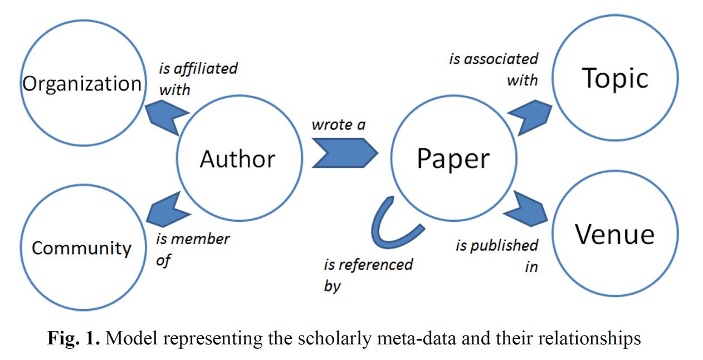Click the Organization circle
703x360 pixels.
82,84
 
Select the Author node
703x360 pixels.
238,159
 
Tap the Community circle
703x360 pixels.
81,247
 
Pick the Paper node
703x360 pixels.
453,159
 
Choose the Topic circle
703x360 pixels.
615,79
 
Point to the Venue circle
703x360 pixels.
614,234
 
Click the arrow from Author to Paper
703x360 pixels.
344,152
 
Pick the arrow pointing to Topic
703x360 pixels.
526,116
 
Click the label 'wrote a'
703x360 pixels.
338,125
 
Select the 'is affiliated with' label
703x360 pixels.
198,79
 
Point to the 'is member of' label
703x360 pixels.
192,249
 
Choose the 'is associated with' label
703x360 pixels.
494,69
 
